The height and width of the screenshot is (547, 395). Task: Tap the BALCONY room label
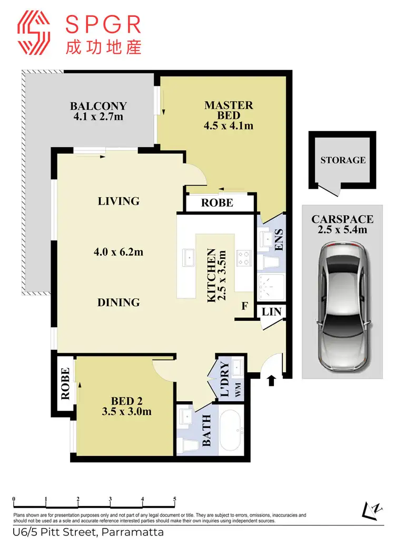(x=99, y=106)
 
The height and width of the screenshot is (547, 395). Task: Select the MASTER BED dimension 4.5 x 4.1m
(x=229, y=126)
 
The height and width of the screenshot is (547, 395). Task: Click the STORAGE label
(x=343, y=160)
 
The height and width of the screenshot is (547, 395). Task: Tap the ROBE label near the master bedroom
(x=218, y=202)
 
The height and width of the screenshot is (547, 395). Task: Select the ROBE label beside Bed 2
(x=65, y=384)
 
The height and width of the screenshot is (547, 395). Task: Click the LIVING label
(x=119, y=201)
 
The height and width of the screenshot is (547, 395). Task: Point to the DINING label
(x=118, y=302)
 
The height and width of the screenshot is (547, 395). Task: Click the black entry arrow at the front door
(x=272, y=380)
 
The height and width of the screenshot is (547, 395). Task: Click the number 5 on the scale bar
(x=174, y=499)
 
